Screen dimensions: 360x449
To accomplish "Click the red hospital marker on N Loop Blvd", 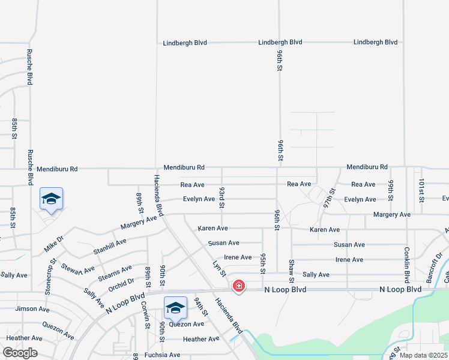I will click(x=239, y=286).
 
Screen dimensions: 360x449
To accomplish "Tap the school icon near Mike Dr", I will click(x=52, y=199).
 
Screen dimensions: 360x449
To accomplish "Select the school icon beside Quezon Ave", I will click(x=175, y=307).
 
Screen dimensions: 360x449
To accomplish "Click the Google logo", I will click(x=20, y=353).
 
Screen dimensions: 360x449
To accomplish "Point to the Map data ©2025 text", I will click(x=423, y=355).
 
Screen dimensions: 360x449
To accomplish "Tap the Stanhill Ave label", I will click(x=110, y=246).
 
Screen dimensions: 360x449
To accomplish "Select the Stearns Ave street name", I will click(x=115, y=272).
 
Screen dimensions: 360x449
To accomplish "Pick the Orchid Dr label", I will click(x=121, y=283).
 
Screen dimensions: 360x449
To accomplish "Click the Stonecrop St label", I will click(x=49, y=276).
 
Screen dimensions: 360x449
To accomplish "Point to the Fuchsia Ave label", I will click(x=158, y=355).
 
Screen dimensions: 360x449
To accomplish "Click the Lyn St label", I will click(x=219, y=268).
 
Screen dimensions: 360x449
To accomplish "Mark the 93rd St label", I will click(x=221, y=197).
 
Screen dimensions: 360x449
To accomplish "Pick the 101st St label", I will click(x=421, y=190).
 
